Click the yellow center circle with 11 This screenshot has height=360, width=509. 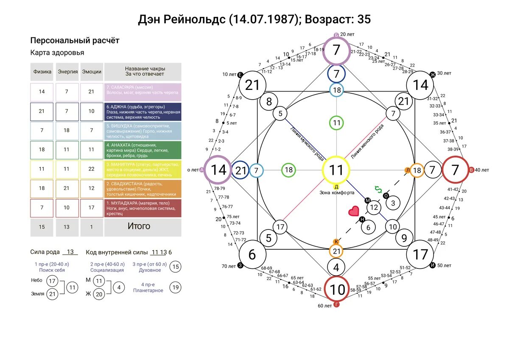tap(336, 170)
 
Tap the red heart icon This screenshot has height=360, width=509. tap(353, 211)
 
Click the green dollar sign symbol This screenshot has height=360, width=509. tap(378, 190)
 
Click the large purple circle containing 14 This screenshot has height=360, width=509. tap(218, 170)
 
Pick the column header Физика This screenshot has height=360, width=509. tap(42, 72)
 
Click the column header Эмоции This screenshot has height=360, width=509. tap(92, 72)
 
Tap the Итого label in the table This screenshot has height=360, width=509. tap(139, 226)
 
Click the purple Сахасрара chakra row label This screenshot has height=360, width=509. tap(143, 92)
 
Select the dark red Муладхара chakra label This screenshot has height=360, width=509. tap(143, 208)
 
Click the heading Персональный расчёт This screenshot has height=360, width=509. tap(75, 41)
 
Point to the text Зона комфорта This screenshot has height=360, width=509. tap(337, 193)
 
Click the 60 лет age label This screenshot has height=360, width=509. tap(325, 306)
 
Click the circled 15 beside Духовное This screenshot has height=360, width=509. tap(175, 267)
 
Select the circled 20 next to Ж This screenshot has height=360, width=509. tap(99, 293)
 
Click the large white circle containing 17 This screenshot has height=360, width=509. tap(420, 254)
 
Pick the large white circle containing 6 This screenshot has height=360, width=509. tap(252, 255)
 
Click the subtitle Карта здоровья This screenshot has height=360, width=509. tap(57, 53)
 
